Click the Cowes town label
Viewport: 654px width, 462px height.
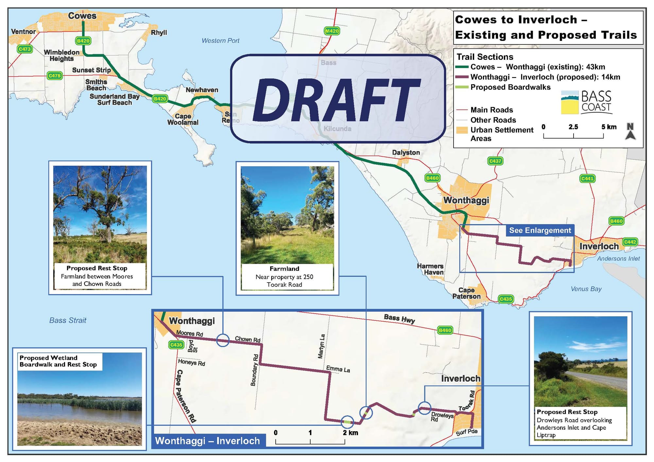tap(82, 16)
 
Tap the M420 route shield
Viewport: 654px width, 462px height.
tap(332, 31)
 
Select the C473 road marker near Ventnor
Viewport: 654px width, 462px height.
tap(25, 49)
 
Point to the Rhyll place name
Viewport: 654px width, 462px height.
tap(159, 33)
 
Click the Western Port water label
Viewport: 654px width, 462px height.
tap(220, 41)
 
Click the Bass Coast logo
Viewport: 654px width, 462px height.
tap(586, 102)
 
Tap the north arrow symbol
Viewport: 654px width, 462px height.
tap(630, 131)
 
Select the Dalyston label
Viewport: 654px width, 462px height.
tap(406, 152)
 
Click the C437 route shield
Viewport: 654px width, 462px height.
tap(495, 161)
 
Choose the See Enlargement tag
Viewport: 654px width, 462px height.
tap(540, 230)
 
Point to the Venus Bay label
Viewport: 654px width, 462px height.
tap(586, 289)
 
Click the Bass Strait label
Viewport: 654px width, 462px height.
tap(68, 320)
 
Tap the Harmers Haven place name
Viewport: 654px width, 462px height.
tap(430, 269)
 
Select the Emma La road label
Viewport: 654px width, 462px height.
tap(338, 369)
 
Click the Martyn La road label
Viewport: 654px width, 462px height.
tap(321, 346)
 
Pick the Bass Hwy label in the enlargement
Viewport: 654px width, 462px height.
tap(399, 319)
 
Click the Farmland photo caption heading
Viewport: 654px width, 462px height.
tap(284, 269)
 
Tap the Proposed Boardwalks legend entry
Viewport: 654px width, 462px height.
tap(510, 87)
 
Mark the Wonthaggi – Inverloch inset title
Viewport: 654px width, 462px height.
tap(207, 441)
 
